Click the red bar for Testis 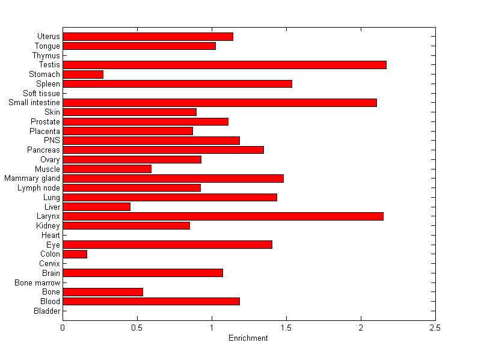(x=224, y=65)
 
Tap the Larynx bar (x=223, y=216)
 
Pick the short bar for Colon (x=75, y=254)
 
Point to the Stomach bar (x=83, y=75)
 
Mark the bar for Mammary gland (x=173, y=178)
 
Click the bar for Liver (x=96, y=207)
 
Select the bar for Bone (x=103, y=292)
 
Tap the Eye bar (x=167, y=245)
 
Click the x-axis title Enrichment (x=248, y=338)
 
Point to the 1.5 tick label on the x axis (x=286, y=328)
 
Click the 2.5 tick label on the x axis (x=435, y=328)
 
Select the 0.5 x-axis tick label (x=137, y=328)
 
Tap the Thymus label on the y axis (x=46, y=56)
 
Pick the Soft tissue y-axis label (x=41, y=94)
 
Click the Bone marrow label (x=38, y=282)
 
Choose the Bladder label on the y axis (x=47, y=311)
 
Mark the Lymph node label (x=39, y=188)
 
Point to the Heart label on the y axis (x=51, y=236)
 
